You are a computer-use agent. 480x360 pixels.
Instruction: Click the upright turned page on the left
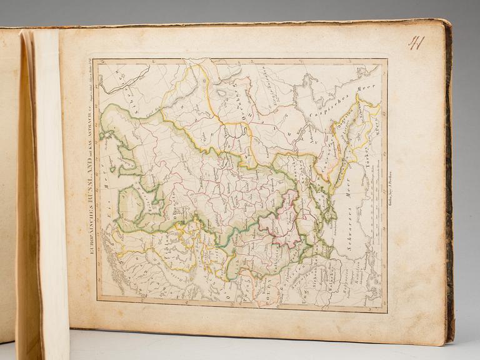44,187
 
